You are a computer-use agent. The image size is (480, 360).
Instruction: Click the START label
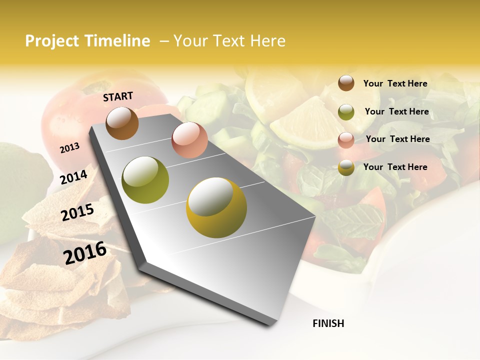118,96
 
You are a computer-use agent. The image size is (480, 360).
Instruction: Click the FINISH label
328,323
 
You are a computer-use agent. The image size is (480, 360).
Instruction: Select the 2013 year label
70,148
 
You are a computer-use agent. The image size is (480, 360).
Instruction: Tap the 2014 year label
74,177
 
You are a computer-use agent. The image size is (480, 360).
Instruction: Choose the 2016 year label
85,253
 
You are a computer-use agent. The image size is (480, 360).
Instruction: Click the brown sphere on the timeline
122,123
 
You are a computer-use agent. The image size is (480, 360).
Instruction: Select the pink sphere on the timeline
189,140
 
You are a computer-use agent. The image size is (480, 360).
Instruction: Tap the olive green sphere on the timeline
145,180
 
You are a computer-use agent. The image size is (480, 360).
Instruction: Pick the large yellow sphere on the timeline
216,207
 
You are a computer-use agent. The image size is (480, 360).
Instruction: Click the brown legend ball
346,83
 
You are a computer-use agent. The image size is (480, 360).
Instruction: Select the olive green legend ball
346,112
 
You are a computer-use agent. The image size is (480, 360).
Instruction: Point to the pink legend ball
346,140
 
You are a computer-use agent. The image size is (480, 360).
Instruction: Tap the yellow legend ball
346,167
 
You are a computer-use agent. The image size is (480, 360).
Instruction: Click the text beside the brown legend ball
395,83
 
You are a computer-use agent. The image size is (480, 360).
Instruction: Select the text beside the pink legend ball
397,139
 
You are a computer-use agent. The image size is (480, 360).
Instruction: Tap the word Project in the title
52,41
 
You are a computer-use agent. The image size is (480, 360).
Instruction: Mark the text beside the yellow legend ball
395,167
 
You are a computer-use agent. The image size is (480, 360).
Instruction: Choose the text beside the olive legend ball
396,111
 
